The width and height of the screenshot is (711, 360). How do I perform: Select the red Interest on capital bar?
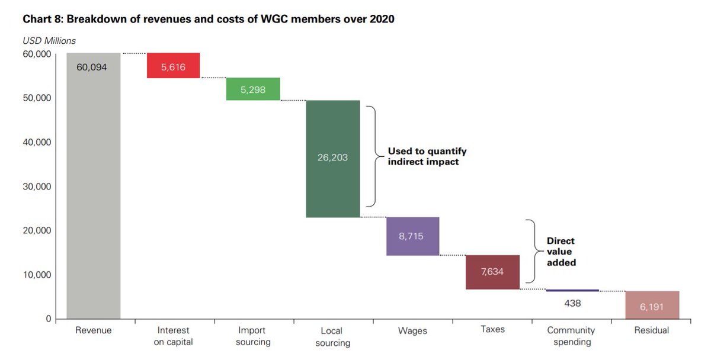point(173,66)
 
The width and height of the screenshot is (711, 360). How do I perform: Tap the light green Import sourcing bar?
point(253,89)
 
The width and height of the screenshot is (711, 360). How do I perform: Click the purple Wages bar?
point(412,236)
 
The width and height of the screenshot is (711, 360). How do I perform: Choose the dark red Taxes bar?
point(492,272)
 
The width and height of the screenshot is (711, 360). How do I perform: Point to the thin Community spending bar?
point(572,291)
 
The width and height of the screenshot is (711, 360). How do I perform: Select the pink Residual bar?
point(652,305)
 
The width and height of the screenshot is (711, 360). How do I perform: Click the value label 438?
point(572,303)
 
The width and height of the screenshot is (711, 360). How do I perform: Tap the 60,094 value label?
point(92,67)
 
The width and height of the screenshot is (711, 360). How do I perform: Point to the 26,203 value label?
point(332,158)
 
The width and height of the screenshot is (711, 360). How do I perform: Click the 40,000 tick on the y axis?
point(36,142)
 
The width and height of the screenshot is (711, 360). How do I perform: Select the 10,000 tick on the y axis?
point(36,275)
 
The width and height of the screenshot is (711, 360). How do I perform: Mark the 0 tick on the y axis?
point(48,319)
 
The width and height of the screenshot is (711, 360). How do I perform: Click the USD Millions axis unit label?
point(49,41)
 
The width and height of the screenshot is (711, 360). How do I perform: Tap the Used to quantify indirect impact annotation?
point(427,156)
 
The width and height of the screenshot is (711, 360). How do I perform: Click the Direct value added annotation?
point(561,252)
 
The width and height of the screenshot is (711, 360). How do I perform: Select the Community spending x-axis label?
point(571,336)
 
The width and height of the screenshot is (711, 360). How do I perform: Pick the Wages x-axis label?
point(412,330)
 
